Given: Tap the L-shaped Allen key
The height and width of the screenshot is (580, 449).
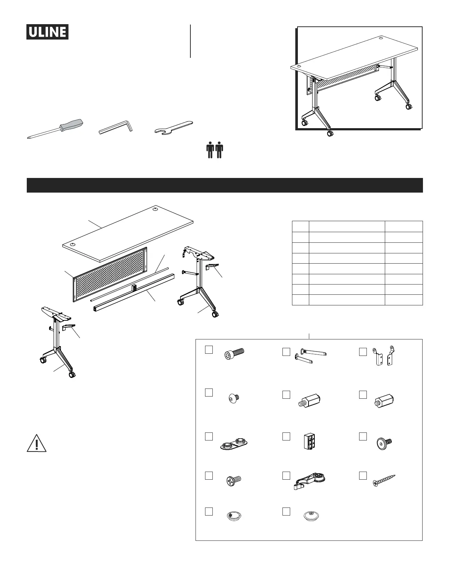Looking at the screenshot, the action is (x=117, y=128).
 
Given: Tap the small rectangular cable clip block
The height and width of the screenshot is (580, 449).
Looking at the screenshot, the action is (x=310, y=441).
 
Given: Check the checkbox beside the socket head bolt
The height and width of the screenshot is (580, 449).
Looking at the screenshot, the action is (x=209, y=350).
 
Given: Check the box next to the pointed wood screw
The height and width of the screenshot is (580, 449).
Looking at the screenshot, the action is (x=363, y=475).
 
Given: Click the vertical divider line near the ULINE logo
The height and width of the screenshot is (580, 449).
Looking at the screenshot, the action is (x=190, y=41).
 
